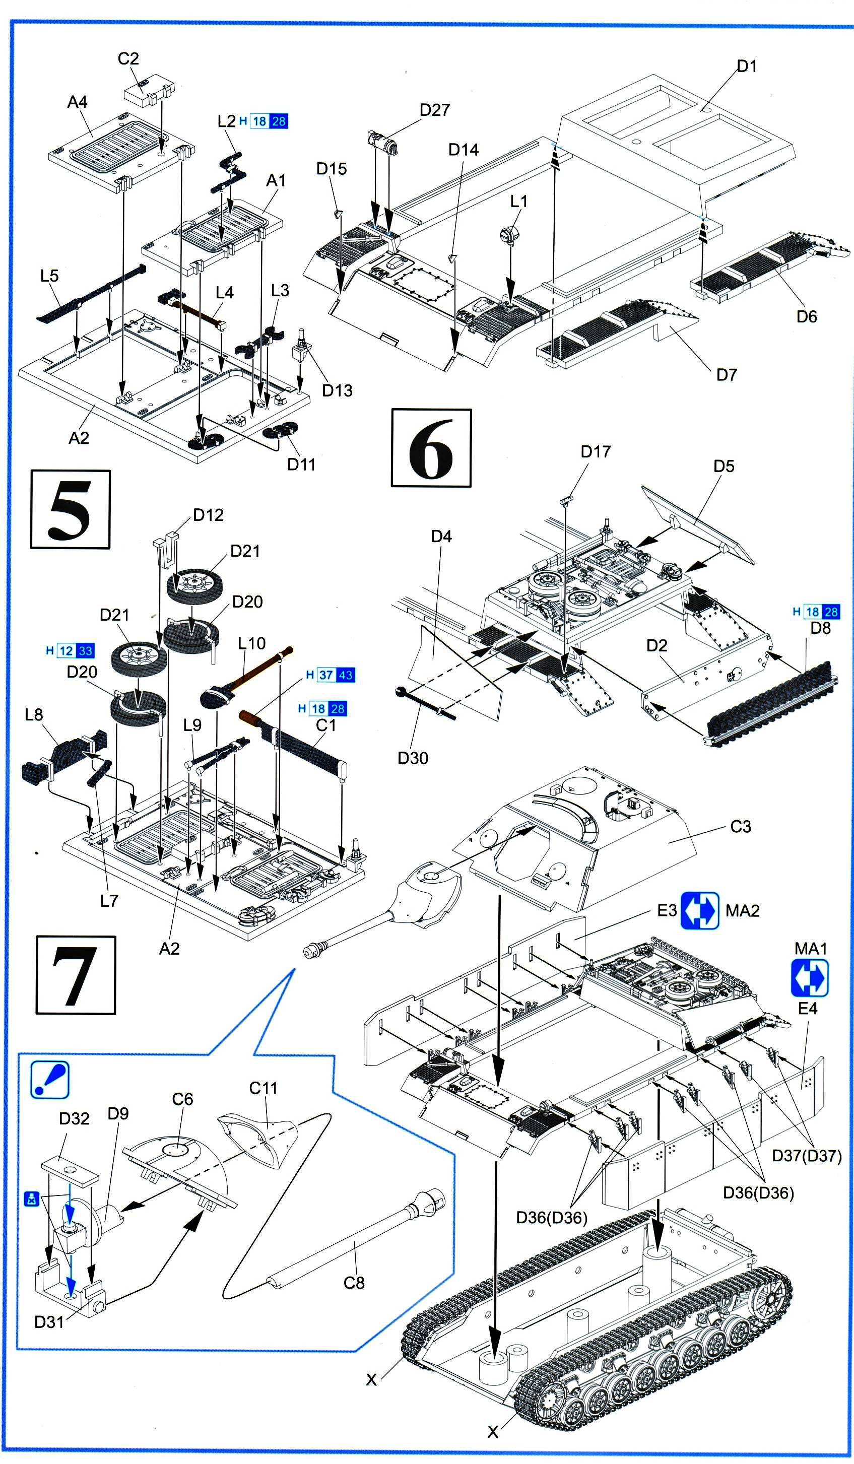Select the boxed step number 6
[431, 447]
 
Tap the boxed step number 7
[76, 975]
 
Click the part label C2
[128, 58]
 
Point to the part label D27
[434, 110]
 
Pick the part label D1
[747, 66]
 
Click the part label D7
[727, 375]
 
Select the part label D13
[337, 390]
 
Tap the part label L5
[49, 276]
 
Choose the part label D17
[596, 451]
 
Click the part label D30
[413, 758]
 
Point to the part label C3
[741, 826]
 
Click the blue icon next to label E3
[699, 910]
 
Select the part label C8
[354, 1282]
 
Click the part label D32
[75, 1118]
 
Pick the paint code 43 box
[346, 675]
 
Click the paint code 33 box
[86, 651]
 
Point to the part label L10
[251, 643]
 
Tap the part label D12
[208, 515]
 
